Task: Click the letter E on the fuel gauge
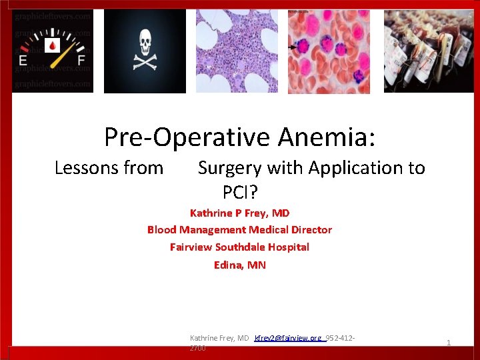24,62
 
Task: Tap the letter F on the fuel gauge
82,62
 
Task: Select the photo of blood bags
426,51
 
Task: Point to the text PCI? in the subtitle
240,193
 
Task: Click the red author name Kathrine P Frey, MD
239,213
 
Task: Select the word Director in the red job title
307,230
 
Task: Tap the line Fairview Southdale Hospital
239,247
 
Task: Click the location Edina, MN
239,265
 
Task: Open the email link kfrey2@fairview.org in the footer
288,339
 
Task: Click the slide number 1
449,343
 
